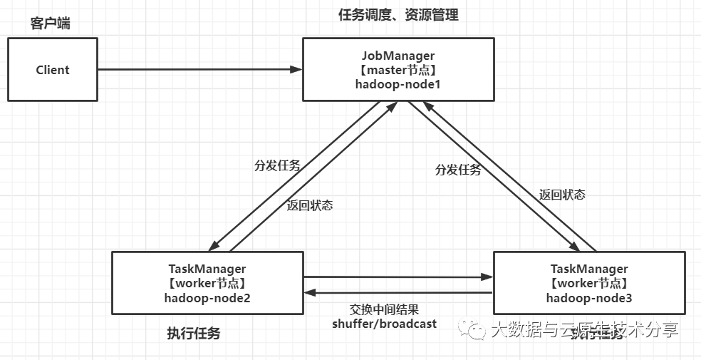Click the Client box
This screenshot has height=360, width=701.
[53, 70]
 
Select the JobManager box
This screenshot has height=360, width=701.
[398, 69]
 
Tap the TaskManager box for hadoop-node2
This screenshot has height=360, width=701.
[207, 283]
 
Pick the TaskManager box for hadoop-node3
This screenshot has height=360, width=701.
[589, 283]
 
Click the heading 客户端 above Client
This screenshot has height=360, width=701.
[51, 24]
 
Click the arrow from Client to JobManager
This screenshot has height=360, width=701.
[199, 69]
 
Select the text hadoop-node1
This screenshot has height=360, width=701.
[398, 83]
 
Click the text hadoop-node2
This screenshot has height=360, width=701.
[207, 297]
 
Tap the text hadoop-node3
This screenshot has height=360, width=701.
[589, 297]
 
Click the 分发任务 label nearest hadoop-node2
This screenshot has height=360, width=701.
[277, 166]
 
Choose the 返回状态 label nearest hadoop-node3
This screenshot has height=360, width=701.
[562, 194]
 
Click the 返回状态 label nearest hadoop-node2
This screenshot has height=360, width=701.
[310, 205]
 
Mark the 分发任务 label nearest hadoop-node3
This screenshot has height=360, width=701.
[458, 170]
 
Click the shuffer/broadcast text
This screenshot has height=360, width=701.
[385, 323]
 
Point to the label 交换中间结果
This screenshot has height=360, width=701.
[384, 309]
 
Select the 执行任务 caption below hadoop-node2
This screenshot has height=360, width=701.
[194, 333]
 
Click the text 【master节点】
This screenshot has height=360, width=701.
[398, 69]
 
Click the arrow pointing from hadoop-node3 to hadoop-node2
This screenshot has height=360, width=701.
[399, 292]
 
